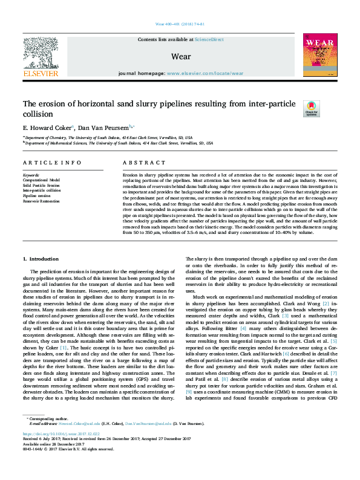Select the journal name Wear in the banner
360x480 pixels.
tap(182, 57)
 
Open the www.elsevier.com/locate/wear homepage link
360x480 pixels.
tap(205, 73)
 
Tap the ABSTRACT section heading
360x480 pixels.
tap(140, 163)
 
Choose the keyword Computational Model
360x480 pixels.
tap(42, 180)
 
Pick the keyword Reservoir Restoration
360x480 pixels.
tap(41, 201)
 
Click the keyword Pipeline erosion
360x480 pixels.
tap(38, 195)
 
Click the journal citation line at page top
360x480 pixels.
tap(180, 24)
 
